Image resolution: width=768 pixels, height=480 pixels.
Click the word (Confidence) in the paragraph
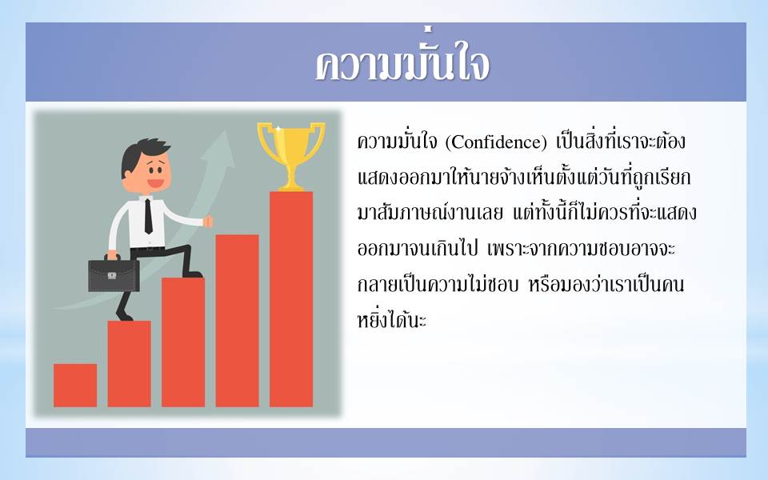click(x=496, y=142)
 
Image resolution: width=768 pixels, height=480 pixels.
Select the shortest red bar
click(x=75, y=385)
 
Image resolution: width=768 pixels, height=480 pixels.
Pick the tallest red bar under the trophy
click(x=291, y=298)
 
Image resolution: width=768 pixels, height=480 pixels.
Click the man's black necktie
click(x=148, y=216)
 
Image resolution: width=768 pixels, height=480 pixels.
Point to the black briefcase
click(x=114, y=274)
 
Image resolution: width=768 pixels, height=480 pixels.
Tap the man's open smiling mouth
click(x=156, y=183)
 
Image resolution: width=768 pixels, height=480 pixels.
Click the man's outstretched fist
click(x=208, y=222)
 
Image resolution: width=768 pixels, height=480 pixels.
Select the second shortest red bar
click(x=130, y=363)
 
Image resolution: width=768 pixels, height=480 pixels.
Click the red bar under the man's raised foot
click(x=183, y=342)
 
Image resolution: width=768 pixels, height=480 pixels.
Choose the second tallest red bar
click(x=237, y=320)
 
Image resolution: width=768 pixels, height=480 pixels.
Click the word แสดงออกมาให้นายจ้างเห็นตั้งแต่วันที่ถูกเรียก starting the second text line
click(x=524, y=178)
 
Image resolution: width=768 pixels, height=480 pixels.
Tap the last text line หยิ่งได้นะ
click(x=392, y=320)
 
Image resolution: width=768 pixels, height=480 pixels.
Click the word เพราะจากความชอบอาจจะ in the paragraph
click(x=582, y=249)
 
